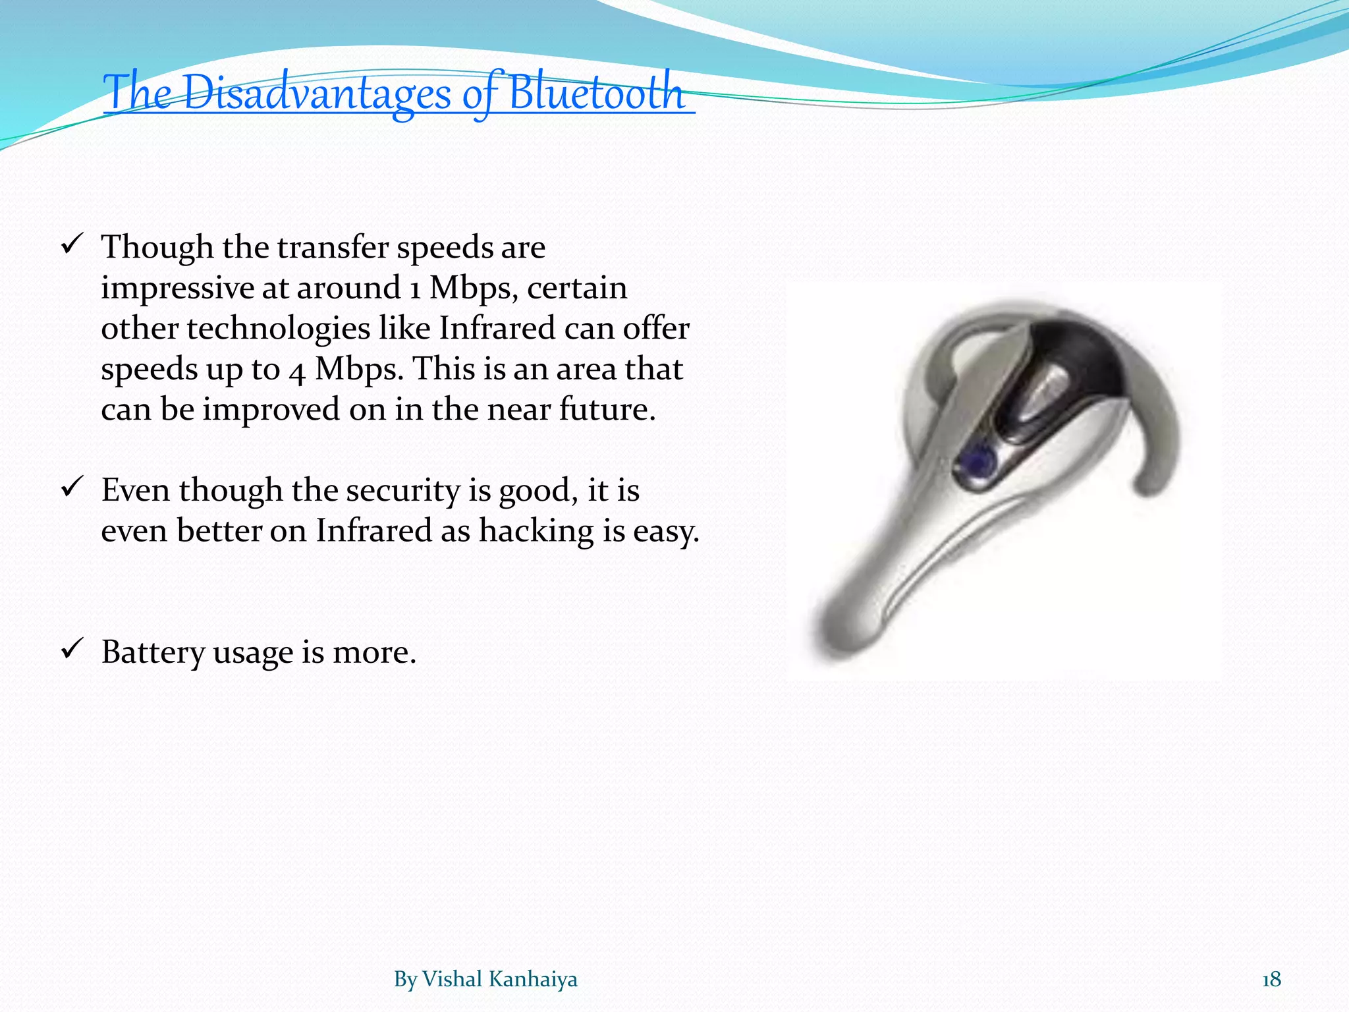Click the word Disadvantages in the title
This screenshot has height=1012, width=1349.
click(x=316, y=93)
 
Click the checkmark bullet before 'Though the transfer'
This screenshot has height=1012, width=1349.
click(x=70, y=246)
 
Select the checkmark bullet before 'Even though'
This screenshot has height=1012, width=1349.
click(x=70, y=488)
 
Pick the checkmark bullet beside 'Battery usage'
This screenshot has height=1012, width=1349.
click(x=70, y=650)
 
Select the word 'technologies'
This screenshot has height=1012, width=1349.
click(x=278, y=329)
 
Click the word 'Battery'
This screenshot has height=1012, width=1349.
click(x=153, y=652)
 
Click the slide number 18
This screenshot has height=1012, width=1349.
click(x=1271, y=980)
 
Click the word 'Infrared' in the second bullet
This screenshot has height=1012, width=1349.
click(x=373, y=531)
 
